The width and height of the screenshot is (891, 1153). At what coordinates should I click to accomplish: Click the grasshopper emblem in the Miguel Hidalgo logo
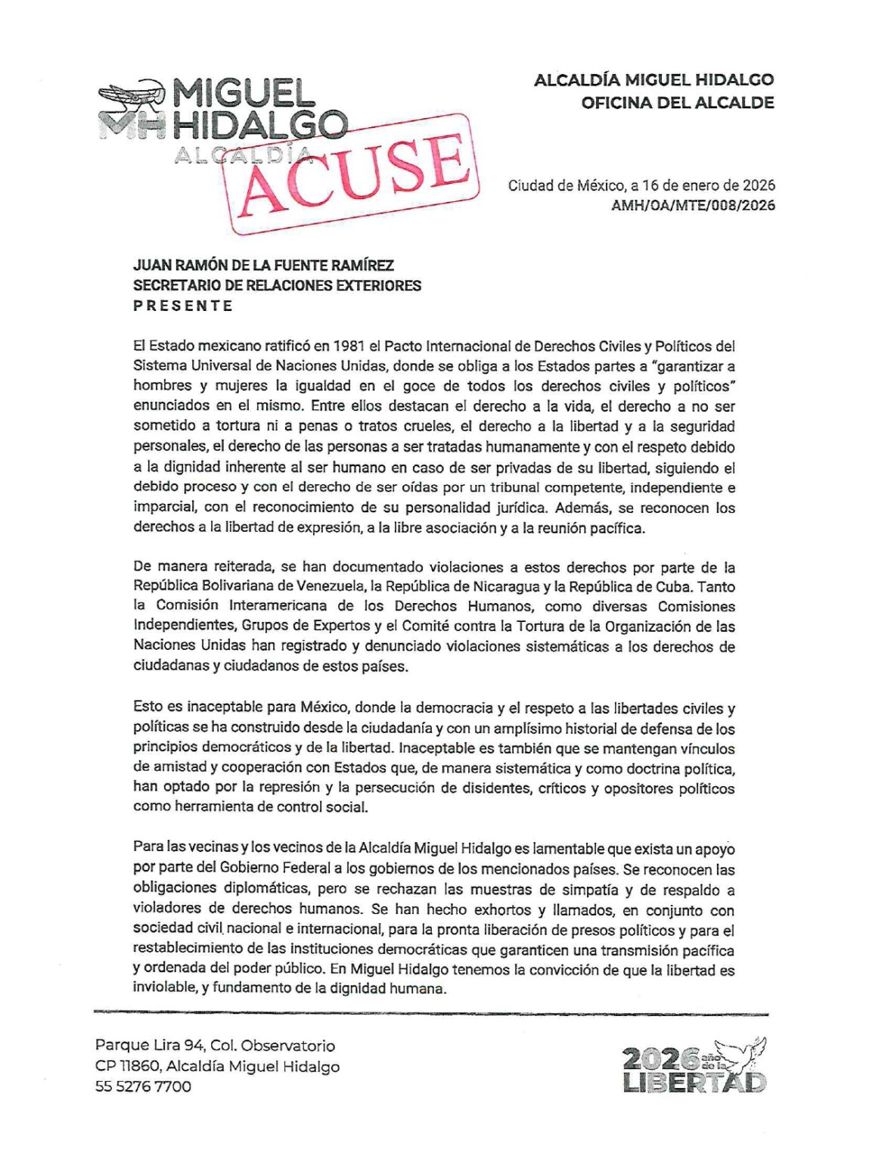pyautogui.click(x=130, y=96)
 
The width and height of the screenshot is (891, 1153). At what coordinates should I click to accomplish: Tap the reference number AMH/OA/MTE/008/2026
pyautogui.click(x=693, y=205)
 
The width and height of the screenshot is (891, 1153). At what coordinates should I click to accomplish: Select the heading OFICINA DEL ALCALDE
pyautogui.click(x=677, y=103)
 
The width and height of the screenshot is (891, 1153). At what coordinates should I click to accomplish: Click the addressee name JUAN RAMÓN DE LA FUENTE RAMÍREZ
pyautogui.click(x=263, y=266)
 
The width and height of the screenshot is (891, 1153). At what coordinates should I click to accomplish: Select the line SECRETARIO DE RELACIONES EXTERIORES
pyautogui.click(x=277, y=285)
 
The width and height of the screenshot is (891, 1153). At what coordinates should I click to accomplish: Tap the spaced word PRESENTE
pyautogui.click(x=183, y=306)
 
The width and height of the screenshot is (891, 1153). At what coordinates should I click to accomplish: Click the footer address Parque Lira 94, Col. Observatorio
pyautogui.click(x=215, y=1046)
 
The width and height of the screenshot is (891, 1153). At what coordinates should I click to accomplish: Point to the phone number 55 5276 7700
pyautogui.click(x=143, y=1086)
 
